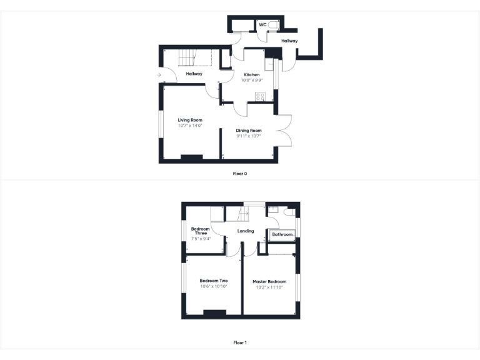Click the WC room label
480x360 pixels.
[263, 24]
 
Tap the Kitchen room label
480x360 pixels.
[251, 74]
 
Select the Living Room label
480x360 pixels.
[190, 120]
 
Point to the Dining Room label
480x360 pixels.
[248, 130]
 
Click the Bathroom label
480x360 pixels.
[282, 234]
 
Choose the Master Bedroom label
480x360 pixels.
[269, 282]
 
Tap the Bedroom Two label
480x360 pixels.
[214, 281]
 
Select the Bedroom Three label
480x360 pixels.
[200, 231]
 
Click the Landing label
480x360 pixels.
[246, 231]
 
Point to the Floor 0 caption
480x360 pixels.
[240, 173]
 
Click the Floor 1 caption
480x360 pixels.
[240, 342]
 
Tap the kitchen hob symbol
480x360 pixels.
[260, 96]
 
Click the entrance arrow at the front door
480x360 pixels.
[159, 75]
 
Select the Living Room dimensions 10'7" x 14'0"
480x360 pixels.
[190, 126]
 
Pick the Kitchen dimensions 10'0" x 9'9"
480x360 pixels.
[251, 80]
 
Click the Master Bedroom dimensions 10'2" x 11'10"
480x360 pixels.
[269, 287]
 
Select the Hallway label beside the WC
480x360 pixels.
[289, 41]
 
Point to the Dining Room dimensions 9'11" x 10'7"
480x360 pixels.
[248, 136]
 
